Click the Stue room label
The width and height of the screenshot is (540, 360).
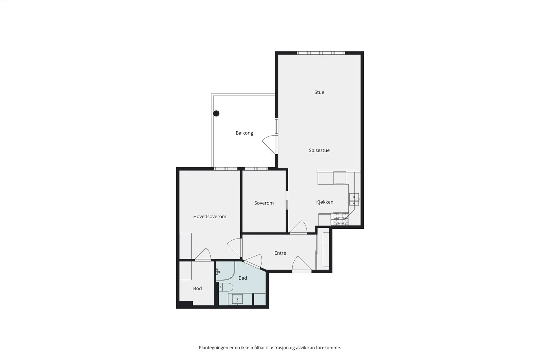pos(319,92)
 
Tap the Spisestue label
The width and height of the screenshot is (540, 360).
pos(319,150)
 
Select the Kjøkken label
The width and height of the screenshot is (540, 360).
pos(325,202)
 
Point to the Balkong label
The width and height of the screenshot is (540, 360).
pos(244,133)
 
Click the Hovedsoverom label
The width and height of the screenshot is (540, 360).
pos(210,216)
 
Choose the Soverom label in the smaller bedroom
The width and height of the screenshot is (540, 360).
pos(264,203)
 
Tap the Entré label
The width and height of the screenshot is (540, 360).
pos(280,253)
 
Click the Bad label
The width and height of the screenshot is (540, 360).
pos(243,278)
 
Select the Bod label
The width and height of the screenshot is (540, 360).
pos(197,288)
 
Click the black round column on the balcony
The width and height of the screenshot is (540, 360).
pos(216,113)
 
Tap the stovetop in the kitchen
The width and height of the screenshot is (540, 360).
pos(341,219)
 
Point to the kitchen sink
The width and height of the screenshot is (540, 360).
pos(354,199)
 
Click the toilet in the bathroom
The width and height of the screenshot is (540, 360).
pos(226,287)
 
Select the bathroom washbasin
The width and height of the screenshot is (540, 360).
pos(238,299)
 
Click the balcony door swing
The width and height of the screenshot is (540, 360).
pos(270,144)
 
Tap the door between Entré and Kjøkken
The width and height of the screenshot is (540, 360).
pos(298,227)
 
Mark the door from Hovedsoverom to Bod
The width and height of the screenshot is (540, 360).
pos(203,254)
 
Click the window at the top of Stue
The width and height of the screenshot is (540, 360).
pos(321,53)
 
